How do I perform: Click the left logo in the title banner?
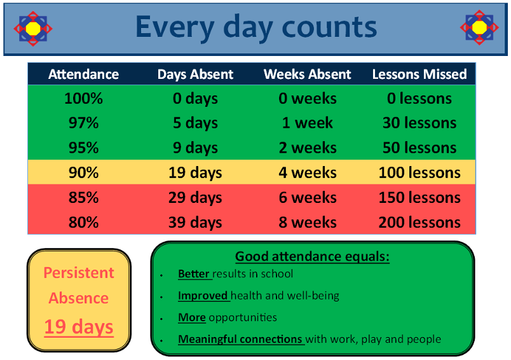[x=33, y=29]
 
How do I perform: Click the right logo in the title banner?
[x=479, y=27]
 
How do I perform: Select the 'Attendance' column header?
[x=83, y=74]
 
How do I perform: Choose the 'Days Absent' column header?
[x=195, y=74]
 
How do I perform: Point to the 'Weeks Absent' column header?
[x=308, y=74]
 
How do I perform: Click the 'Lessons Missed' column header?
[x=419, y=74]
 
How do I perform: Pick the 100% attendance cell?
[x=83, y=99]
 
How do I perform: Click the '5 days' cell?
[x=195, y=123]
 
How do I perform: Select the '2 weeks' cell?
[x=308, y=148]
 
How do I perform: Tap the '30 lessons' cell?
[x=419, y=123]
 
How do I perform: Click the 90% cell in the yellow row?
[x=83, y=172]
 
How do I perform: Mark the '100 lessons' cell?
[x=419, y=172]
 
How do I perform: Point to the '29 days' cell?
[x=195, y=198]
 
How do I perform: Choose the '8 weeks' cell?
[x=308, y=223]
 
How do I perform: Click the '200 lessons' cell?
[x=419, y=223]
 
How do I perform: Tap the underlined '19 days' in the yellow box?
[x=79, y=327]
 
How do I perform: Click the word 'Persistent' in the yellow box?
[x=79, y=273]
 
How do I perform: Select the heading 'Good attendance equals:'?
[x=312, y=256]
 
